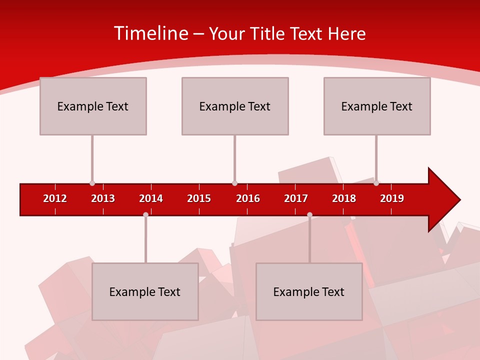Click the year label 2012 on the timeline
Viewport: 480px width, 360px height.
[x=55, y=198]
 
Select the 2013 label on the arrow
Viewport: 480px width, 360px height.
[x=103, y=198]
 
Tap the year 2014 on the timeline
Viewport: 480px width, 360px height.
[x=151, y=198]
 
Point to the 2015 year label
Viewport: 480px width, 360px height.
[x=199, y=198]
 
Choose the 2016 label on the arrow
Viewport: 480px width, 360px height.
[x=248, y=198]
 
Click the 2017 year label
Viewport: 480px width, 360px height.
[x=296, y=198]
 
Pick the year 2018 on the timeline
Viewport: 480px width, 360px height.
[x=344, y=198]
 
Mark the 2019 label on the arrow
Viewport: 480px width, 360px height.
[x=392, y=198]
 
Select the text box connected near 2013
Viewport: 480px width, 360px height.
[x=93, y=106]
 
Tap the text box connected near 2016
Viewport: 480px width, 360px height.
[x=235, y=106]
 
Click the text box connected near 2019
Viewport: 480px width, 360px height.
[x=377, y=106]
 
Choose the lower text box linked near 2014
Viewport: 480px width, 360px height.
[x=145, y=291]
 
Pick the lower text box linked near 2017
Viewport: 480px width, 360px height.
[x=309, y=291]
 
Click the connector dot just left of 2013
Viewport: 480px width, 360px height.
[x=92, y=183]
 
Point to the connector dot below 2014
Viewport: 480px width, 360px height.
[x=145, y=215]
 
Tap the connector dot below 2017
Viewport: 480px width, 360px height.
[x=309, y=215]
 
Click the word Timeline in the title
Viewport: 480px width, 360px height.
[x=150, y=33]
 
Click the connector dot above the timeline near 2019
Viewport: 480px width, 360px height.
[x=376, y=183]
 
